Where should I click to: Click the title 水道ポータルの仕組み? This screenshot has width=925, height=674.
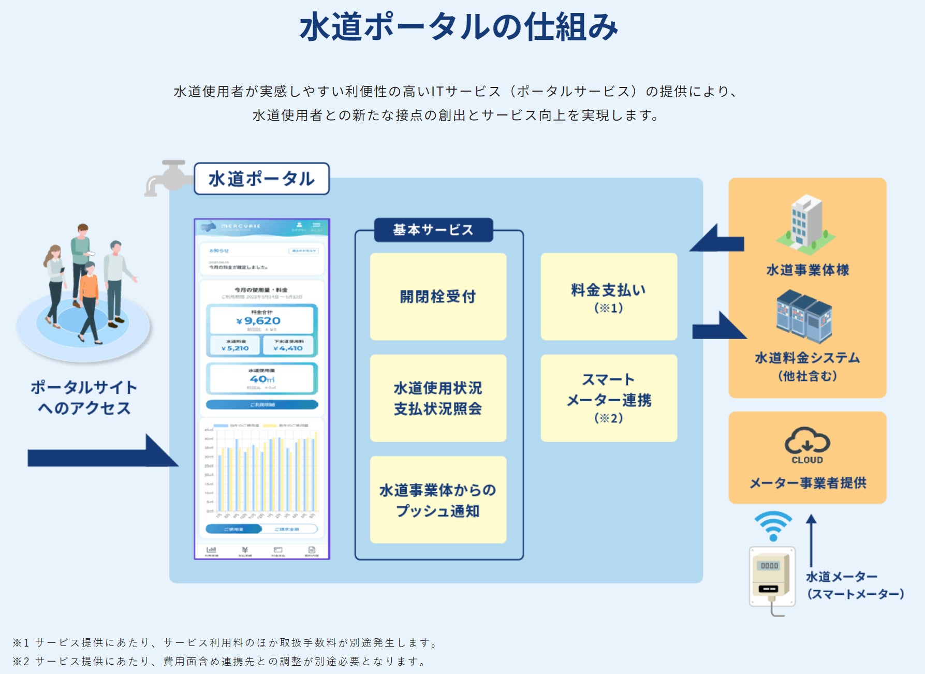pos(459,27)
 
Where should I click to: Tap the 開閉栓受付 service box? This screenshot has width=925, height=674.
pos(438,297)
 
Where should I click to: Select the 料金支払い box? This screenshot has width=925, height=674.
pos(609,297)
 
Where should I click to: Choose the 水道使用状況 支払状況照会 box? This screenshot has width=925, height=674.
pos(438,398)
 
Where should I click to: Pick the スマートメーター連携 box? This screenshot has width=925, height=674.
pos(609,398)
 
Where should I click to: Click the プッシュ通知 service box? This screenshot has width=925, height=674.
pos(438,500)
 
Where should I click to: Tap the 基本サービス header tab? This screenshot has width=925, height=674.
pos(433,230)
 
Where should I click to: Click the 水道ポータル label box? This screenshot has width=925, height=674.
pos(261,179)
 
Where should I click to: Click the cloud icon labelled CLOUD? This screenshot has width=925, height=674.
pos(807,442)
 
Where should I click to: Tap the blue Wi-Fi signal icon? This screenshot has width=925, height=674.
pos(773,525)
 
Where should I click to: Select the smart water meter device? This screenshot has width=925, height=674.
pos(772,577)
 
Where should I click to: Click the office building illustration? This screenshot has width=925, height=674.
pos(805,223)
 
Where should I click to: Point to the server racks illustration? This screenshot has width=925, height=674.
pos(804,316)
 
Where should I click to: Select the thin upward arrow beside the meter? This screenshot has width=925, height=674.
pos(811,540)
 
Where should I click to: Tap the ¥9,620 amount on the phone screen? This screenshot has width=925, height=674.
pos(258,321)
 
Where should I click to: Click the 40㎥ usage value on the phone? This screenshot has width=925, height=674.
pos(262,379)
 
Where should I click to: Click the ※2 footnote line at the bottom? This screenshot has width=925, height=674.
pos(219,661)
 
